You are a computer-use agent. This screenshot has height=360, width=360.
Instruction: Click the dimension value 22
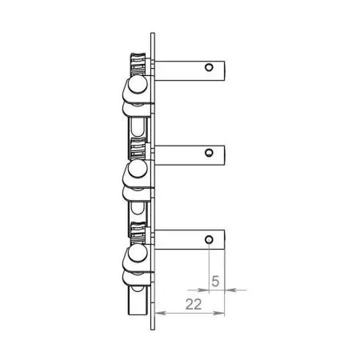coord(194,304)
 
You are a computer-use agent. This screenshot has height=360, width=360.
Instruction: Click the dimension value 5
coord(215,281)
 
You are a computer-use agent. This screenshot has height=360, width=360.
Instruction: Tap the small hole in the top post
coord(209,67)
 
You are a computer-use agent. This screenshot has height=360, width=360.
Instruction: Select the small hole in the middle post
coord(209,153)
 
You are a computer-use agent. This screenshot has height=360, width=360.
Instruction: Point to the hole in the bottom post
coord(209,240)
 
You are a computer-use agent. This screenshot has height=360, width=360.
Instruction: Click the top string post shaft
coord(190,70)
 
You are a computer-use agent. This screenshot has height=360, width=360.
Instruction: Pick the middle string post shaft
coord(190,155)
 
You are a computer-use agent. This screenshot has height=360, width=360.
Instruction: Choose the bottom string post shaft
coord(190,240)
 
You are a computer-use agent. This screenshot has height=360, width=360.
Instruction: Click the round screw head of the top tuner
coord(138,84)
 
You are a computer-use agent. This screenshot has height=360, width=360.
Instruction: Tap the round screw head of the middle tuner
coord(138,169)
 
